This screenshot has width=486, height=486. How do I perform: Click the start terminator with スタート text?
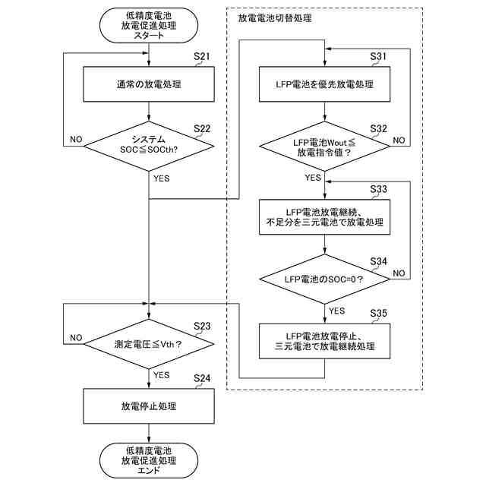pos(149,25)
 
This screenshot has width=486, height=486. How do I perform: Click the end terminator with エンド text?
pos(149,460)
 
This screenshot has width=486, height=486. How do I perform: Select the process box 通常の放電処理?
pos(149,84)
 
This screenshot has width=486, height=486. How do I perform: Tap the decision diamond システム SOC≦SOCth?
pos(149,146)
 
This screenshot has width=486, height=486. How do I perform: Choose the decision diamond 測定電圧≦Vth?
pos(149,344)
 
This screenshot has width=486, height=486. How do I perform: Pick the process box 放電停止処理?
pos(149,406)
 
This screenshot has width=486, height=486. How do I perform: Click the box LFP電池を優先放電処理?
pos(324,84)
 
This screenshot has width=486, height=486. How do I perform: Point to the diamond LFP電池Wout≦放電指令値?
pos(324,146)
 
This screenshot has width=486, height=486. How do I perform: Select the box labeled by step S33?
pos(324,217)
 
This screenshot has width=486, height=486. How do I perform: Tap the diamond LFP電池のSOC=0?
pos(324,279)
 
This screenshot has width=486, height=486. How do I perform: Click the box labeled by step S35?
pos(324,341)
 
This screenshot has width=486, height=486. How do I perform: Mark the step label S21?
pos(202,56)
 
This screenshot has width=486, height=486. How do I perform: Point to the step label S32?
pos(378,128)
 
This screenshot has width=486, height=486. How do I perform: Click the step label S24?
pos(202,378)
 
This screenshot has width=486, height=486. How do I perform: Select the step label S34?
pos(378,261)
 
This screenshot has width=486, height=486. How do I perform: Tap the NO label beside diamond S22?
pos(76,140)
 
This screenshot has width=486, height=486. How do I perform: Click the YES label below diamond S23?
pos(162,375)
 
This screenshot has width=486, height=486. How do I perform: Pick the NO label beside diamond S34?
pos(399,273)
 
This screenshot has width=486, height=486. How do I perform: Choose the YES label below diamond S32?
pos(313,178)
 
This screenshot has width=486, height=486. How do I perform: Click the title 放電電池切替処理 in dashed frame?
pos(275,18)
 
